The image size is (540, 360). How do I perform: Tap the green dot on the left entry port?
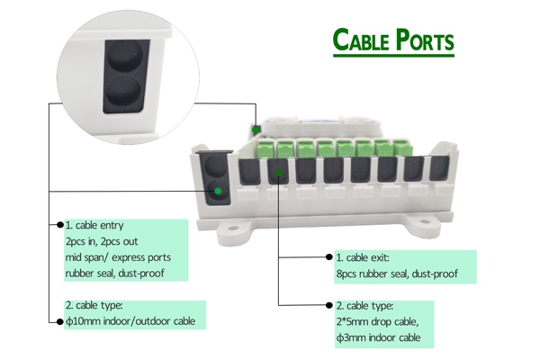pos(216,190)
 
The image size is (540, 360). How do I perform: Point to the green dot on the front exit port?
pos(281,173)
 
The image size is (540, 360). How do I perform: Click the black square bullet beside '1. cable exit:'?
pos(327,258)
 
